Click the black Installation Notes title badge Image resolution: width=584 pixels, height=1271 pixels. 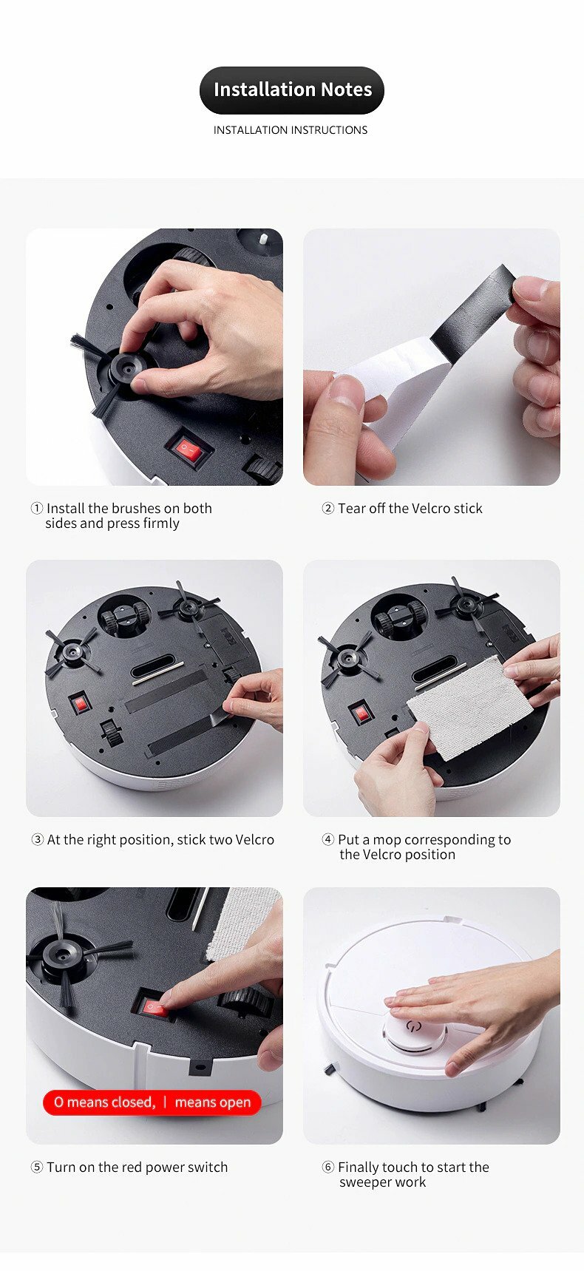click(292, 90)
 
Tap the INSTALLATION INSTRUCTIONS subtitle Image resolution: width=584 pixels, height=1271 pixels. click(291, 130)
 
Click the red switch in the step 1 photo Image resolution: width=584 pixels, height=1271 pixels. click(189, 450)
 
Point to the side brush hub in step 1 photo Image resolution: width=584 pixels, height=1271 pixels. click(123, 369)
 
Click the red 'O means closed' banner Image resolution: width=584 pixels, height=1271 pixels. click(152, 1102)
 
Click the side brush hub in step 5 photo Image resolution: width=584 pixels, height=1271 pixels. click(64, 954)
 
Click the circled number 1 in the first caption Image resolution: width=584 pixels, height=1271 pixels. click(37, 508)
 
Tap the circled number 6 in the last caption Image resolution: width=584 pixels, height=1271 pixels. click(328, 1167)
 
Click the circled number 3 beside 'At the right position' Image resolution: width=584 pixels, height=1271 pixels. click(37, 839)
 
